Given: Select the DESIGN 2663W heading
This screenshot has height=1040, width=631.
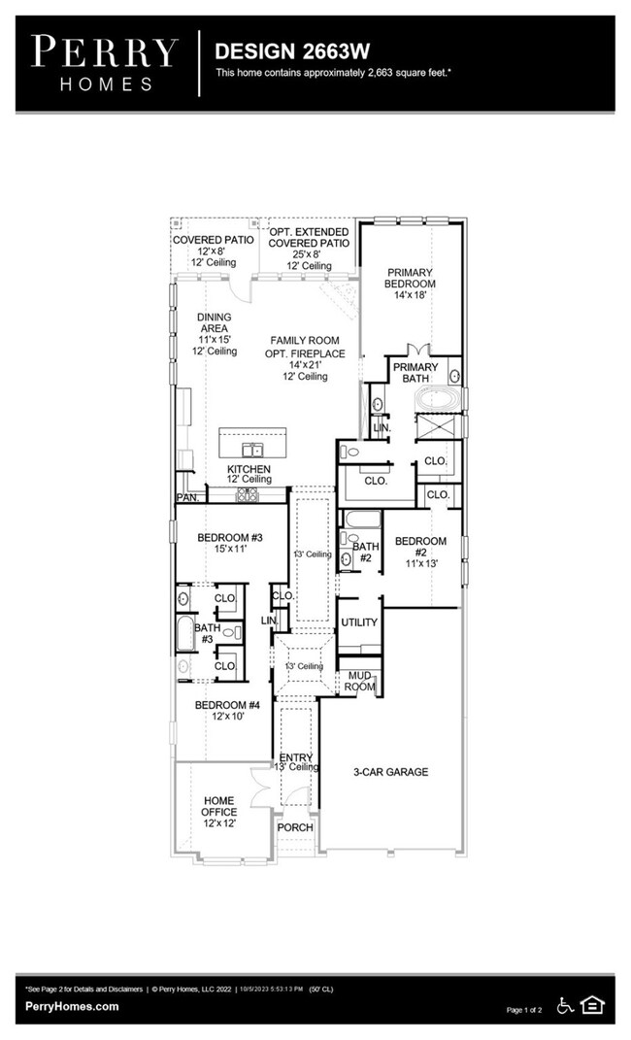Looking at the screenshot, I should pyautogui.click(x=279, y=50).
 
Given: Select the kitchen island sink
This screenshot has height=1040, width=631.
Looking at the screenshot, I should pyautogui.click(x=253, y=449).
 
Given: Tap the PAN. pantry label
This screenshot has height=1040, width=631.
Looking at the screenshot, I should pyautogui.click(x=187, y=498).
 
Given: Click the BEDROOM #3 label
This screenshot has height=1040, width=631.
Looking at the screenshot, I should pyautogui.click(x=230, y=544).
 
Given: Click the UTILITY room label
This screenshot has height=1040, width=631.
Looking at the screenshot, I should pyautogui.click(x=359, y=621).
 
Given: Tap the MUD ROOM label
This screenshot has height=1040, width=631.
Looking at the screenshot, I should pyautogui.click(x=359, y=681).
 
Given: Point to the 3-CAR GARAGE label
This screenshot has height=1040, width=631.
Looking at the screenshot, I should pyautogui.click(x=390, y=772).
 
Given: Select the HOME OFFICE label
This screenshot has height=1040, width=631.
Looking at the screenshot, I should pyautogui.click(x=218, y=811).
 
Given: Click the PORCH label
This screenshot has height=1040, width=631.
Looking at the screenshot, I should pyautogui.click(x=295, y=827).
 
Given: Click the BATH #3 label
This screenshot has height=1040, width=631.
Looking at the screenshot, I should pyautogui.click(x=206, y=633).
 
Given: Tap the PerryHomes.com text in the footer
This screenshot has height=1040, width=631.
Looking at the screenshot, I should pyautogui.click(x=72, y=1007).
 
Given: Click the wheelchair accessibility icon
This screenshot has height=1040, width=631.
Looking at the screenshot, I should pyautogui.click(x=565, y=1005).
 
